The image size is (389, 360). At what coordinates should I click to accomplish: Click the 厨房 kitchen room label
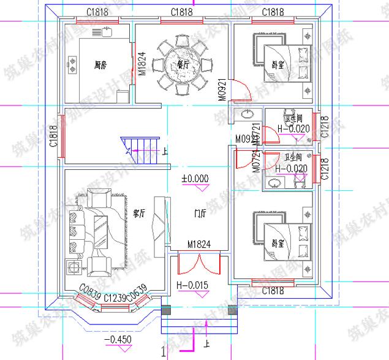click(x=101, y=64)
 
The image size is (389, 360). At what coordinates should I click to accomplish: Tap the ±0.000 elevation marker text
click(x=195, y=178)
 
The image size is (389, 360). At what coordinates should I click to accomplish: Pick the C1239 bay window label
click(x=115, y=297)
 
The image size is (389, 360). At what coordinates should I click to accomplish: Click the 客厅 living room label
click(x=138, y=214)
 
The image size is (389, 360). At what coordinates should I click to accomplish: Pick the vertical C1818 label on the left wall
click(x=55, y=136)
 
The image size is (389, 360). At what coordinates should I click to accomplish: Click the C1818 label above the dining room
click(x=182, y=12)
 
